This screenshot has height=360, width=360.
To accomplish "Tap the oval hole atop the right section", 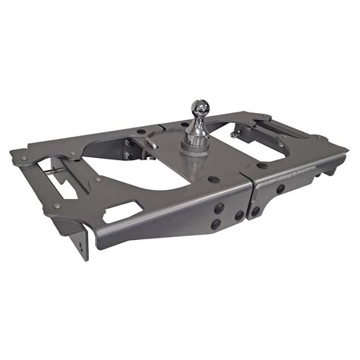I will click(262, 165).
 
